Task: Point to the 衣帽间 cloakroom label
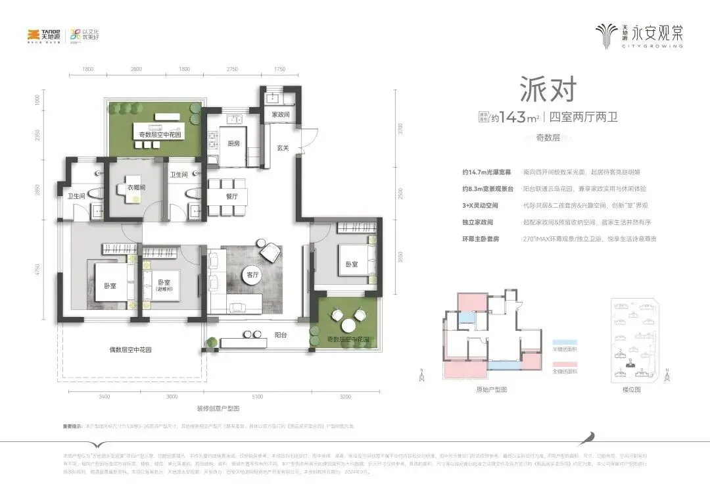pyautogui.click(x=136, y=187)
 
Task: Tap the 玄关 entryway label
pyautogui.click(x=283, y=147)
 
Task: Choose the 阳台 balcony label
pyautogui.click(x=281, y=335)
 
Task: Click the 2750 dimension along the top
pyautogui.click(x=232, y=68)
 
